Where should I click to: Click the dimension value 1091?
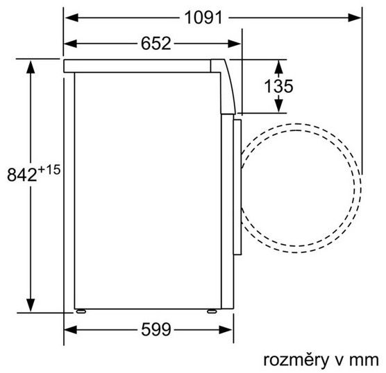click(x=203, y=18)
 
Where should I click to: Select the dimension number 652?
click(x=156, y=44)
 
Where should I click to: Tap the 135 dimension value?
click(x=278, y=86)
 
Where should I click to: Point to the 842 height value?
click(x=22, y=175)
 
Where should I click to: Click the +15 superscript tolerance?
click(x=49, y=170)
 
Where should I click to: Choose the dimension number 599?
click(x=156, y=329)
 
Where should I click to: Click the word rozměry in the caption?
click(x=296, y=361)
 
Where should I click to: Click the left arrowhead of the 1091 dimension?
click(x=72, y=18)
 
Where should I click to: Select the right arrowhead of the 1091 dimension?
click(x=355, y=18)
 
